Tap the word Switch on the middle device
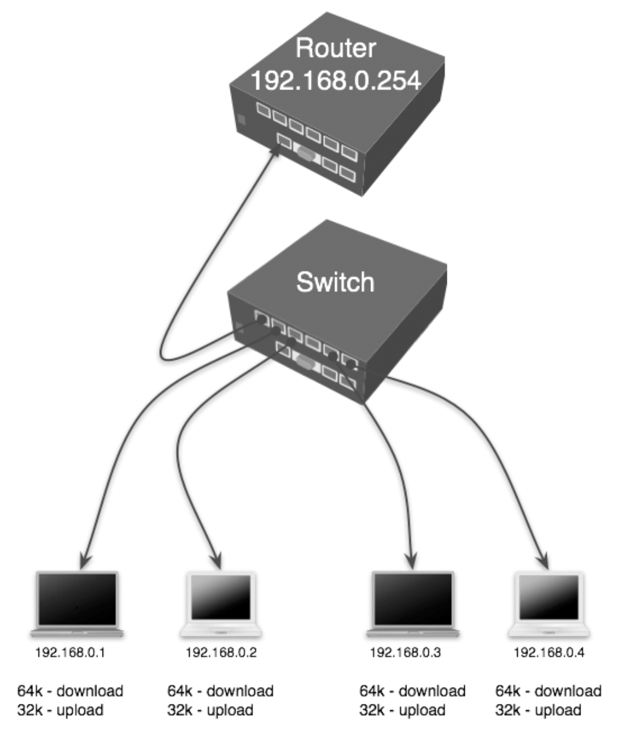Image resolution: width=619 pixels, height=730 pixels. (336, 282)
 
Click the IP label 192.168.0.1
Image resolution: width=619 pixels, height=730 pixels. (70, 654)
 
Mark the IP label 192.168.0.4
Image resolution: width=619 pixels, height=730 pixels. (549, 654)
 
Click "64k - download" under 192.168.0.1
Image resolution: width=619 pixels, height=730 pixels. (70, 691)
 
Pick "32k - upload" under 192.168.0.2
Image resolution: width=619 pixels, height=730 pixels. (210, 710)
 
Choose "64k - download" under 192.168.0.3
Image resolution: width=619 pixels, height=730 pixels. (413, 691)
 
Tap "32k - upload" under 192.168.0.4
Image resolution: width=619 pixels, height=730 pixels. (538, 710)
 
